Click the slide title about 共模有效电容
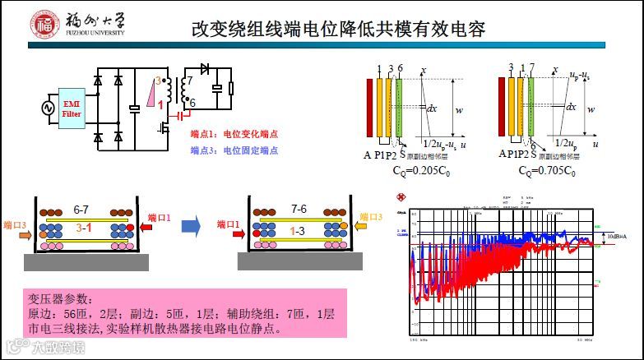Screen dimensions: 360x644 click(338, 30)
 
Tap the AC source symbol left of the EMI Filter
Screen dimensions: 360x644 click(46, 108)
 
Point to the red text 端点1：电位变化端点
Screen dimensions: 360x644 click(234, 134)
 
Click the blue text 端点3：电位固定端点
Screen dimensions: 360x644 click(234, 150)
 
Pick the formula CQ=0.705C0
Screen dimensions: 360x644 click(547, 171)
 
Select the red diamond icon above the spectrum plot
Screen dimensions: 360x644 click(402, 198)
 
